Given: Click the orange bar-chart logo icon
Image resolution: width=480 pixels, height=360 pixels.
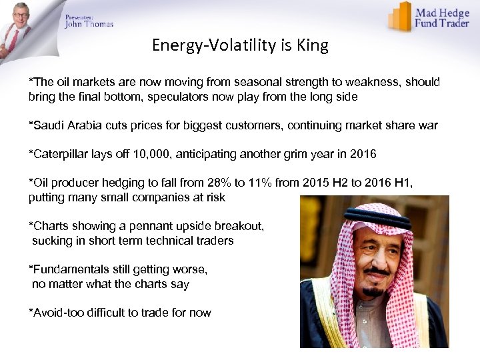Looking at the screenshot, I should [x=399, y=16].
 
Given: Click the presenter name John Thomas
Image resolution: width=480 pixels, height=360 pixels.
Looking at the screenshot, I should [x=89, y=24].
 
